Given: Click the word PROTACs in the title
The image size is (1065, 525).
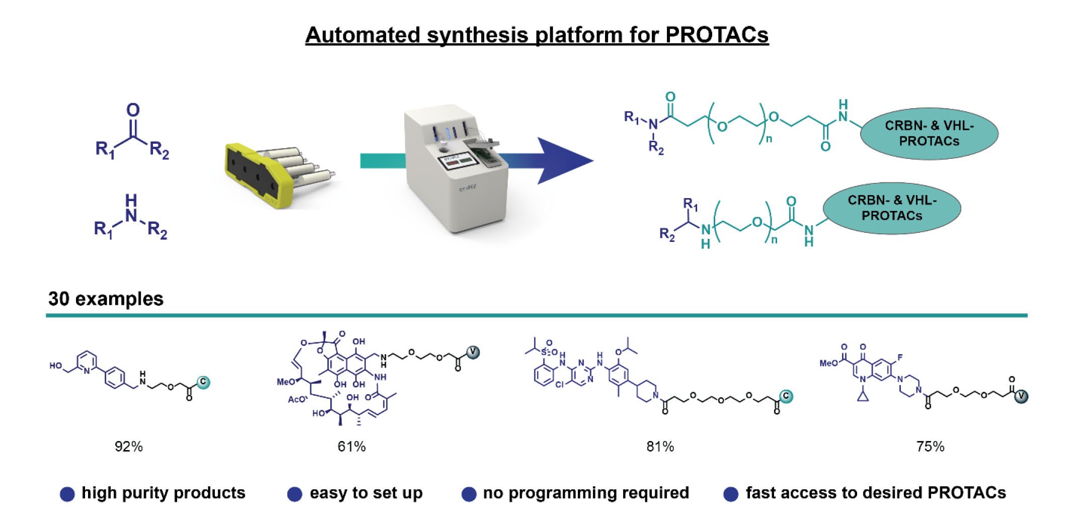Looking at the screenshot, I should pos(717,35).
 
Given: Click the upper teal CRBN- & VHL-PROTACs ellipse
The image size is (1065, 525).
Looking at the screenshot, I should pos(929,133).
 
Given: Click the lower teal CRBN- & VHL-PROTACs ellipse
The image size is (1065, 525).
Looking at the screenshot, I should pos(892,208).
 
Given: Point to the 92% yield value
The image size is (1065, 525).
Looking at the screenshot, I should pos(128,447).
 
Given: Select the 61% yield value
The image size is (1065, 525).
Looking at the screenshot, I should pos(351,447).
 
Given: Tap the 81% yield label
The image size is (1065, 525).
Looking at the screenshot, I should pos(660,447).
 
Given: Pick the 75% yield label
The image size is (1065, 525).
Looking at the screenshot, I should pos(930,447).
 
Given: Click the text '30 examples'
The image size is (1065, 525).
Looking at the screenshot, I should pos(106,299).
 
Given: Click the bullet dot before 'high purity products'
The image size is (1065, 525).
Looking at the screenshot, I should pos(67,494).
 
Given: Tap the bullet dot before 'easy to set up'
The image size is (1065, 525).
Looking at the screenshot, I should pos(294,494).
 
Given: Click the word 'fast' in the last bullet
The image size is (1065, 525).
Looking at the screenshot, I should pos(760,493).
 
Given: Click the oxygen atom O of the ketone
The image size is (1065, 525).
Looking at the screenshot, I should pos(133,110).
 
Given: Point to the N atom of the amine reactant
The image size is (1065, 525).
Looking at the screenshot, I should pos(131,216).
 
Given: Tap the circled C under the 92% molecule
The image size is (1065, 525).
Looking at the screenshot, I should pos(203,382).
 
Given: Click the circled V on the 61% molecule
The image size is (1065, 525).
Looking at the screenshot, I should pos(473,352).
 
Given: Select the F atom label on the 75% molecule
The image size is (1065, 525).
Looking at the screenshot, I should pos(899,358).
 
